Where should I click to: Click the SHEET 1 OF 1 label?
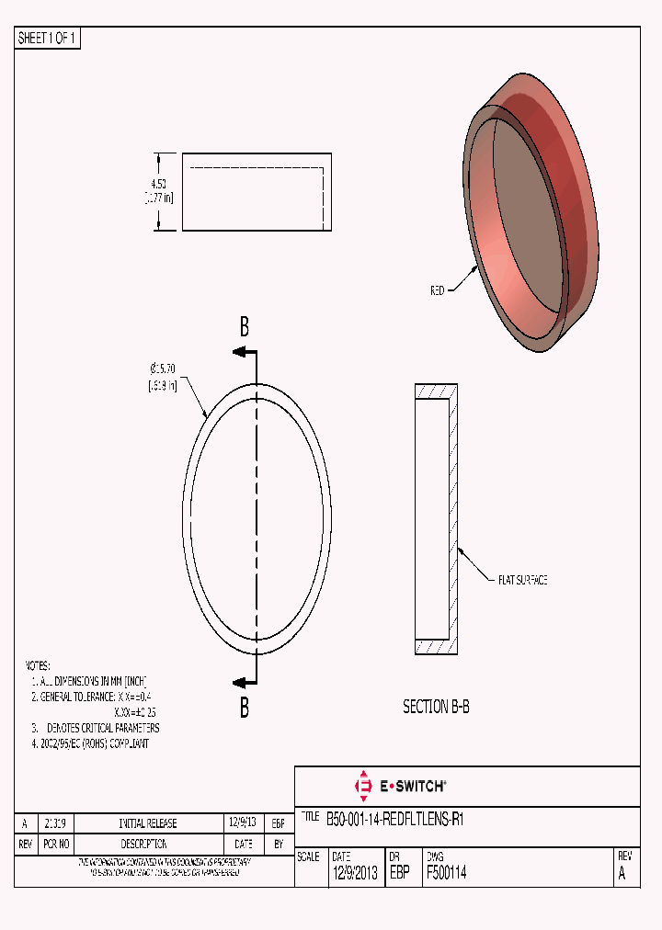48,39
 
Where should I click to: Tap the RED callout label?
438,290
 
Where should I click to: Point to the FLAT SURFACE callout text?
522,581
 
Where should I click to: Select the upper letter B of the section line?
245,326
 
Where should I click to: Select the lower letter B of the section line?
245,708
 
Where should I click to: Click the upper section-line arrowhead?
238,352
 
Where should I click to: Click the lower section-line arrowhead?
238,682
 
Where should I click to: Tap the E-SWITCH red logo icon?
362,786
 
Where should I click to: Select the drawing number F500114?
446,874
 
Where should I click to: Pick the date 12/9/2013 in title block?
354,874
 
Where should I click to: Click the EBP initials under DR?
400,874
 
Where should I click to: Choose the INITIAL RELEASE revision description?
148,823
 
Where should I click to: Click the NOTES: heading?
37,665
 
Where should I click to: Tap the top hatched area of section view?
436,391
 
